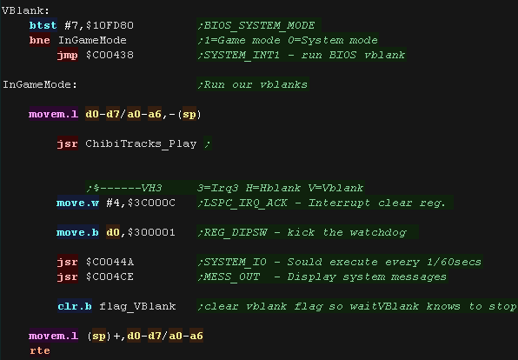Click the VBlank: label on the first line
pos(25,10)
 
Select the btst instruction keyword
pos(43,25)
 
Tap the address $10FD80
pos(110,25)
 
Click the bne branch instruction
pos(40,40)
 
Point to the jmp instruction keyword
pos(68,55)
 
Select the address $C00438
pos(110,55)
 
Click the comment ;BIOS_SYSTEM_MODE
pos(256,25)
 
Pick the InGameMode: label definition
pos(40,84)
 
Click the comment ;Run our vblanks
pos(253,84)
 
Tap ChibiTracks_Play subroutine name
pos(141,143)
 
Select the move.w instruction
pos(77,203)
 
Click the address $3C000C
pos(151,203)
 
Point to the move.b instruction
pos(77,232)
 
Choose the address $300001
pos(151,232)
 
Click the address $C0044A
pos(110,262)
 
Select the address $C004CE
pos(110,277)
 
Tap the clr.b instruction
pos(75,306)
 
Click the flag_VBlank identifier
pos(137,306)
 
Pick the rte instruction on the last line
pos(40,350)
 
